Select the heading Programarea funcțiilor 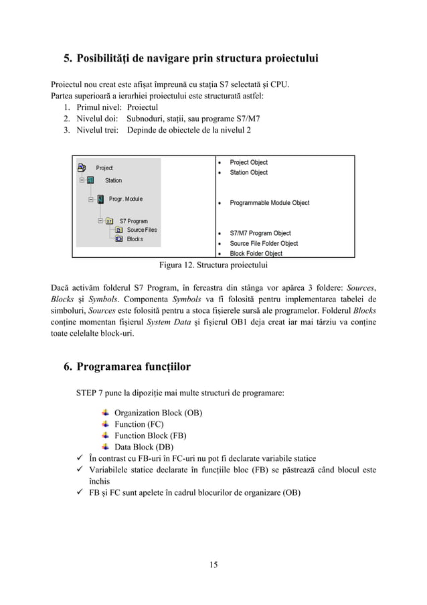(133, 366)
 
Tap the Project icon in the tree (82, 167)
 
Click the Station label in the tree (113, 180)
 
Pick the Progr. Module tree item (125, 199)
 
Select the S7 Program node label (133, 220)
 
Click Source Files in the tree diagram (142, 230)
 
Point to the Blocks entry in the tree (135, 239)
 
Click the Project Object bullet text (248, 162)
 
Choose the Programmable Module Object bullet (269, 202)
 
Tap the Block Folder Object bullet (256, 254)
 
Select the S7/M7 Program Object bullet (260, 233)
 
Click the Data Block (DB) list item (144, 447)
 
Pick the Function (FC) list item (139, 424)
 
